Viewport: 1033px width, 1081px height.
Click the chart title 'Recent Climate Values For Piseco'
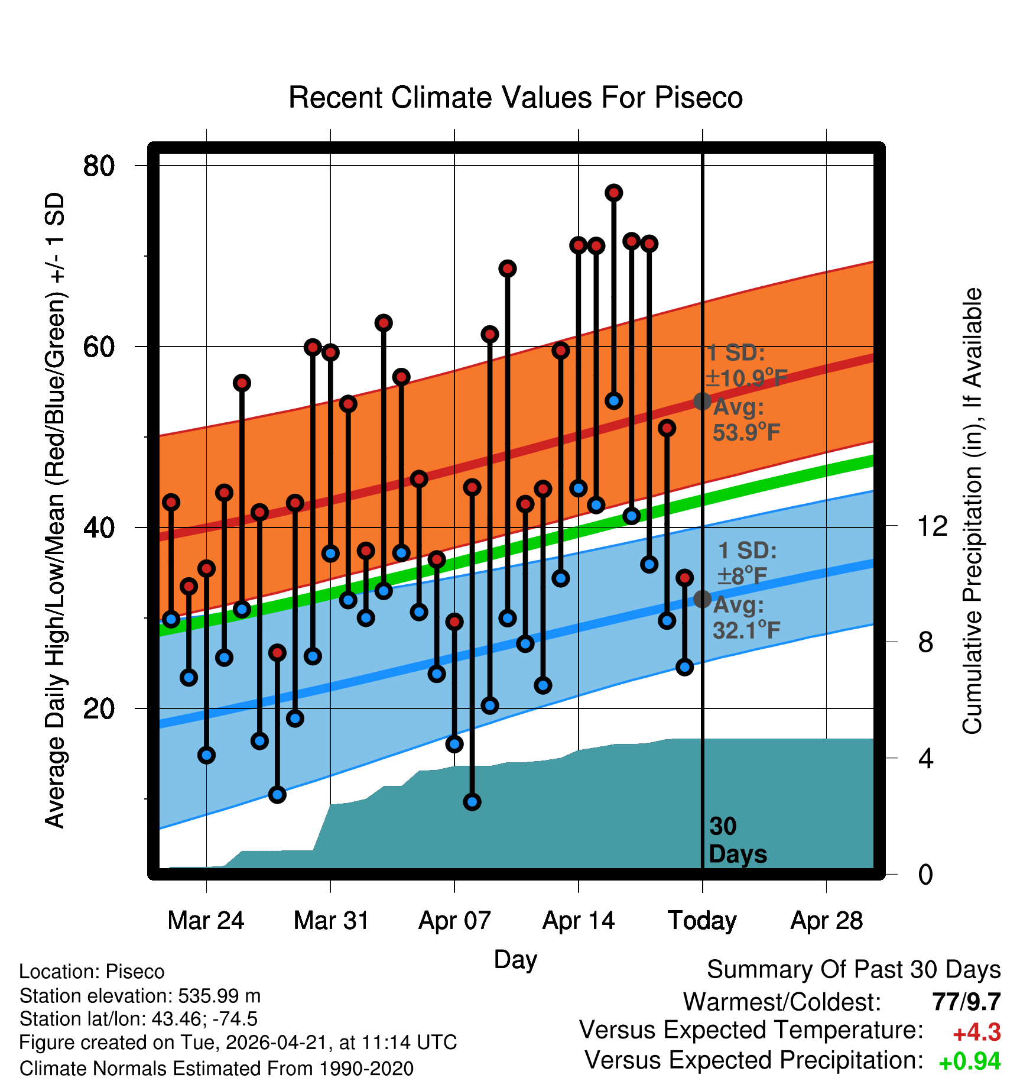[515, 98]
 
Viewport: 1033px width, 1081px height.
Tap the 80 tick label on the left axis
[99, 166]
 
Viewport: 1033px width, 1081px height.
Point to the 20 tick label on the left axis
[99, 708]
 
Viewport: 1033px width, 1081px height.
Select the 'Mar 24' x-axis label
[206, 921]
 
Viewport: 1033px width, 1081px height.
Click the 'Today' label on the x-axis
[702, 921]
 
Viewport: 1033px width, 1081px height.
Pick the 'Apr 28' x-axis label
[827, 921]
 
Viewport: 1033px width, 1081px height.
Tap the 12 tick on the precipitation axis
[933, 526]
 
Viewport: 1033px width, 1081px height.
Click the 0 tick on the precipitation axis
[925, 874]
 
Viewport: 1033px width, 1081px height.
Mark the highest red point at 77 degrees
[613, 193]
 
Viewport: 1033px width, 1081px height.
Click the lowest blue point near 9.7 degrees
[472, 802]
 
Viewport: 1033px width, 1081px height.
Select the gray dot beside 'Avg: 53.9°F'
[702, 401]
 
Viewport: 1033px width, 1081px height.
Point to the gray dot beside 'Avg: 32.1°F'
[702, 599]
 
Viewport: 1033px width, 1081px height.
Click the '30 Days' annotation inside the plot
[738, 840]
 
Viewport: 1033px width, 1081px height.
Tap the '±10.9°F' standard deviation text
[746, 378]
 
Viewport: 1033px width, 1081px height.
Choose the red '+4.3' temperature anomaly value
[977, 1033]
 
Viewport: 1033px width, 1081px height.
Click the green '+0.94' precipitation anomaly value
[970, 1061]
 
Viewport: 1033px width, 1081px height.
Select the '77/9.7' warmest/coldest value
[967, 1002]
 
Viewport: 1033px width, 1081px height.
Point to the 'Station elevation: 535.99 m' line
[140, 996]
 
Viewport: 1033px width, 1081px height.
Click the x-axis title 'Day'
[515, 960]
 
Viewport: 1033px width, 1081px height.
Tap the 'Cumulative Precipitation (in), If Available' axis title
[972, 511]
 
